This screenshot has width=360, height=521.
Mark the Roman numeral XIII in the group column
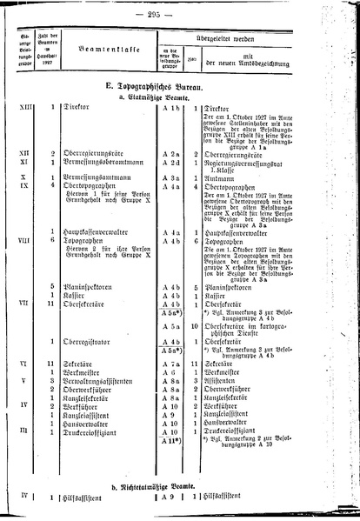[x=26, y=180]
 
